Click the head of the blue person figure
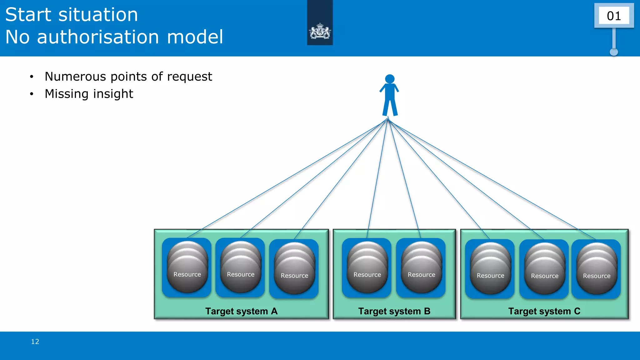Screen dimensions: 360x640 pos(390,79)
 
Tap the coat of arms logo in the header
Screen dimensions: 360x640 pos(320,32)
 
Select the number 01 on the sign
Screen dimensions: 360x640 pos(614,16)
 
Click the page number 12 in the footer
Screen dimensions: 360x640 pos(35,342)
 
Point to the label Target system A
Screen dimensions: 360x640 pos(241,311)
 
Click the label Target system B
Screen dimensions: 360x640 pos(394,311)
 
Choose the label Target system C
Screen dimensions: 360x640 pos(544,311)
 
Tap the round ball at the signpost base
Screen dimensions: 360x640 pos(614,52)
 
